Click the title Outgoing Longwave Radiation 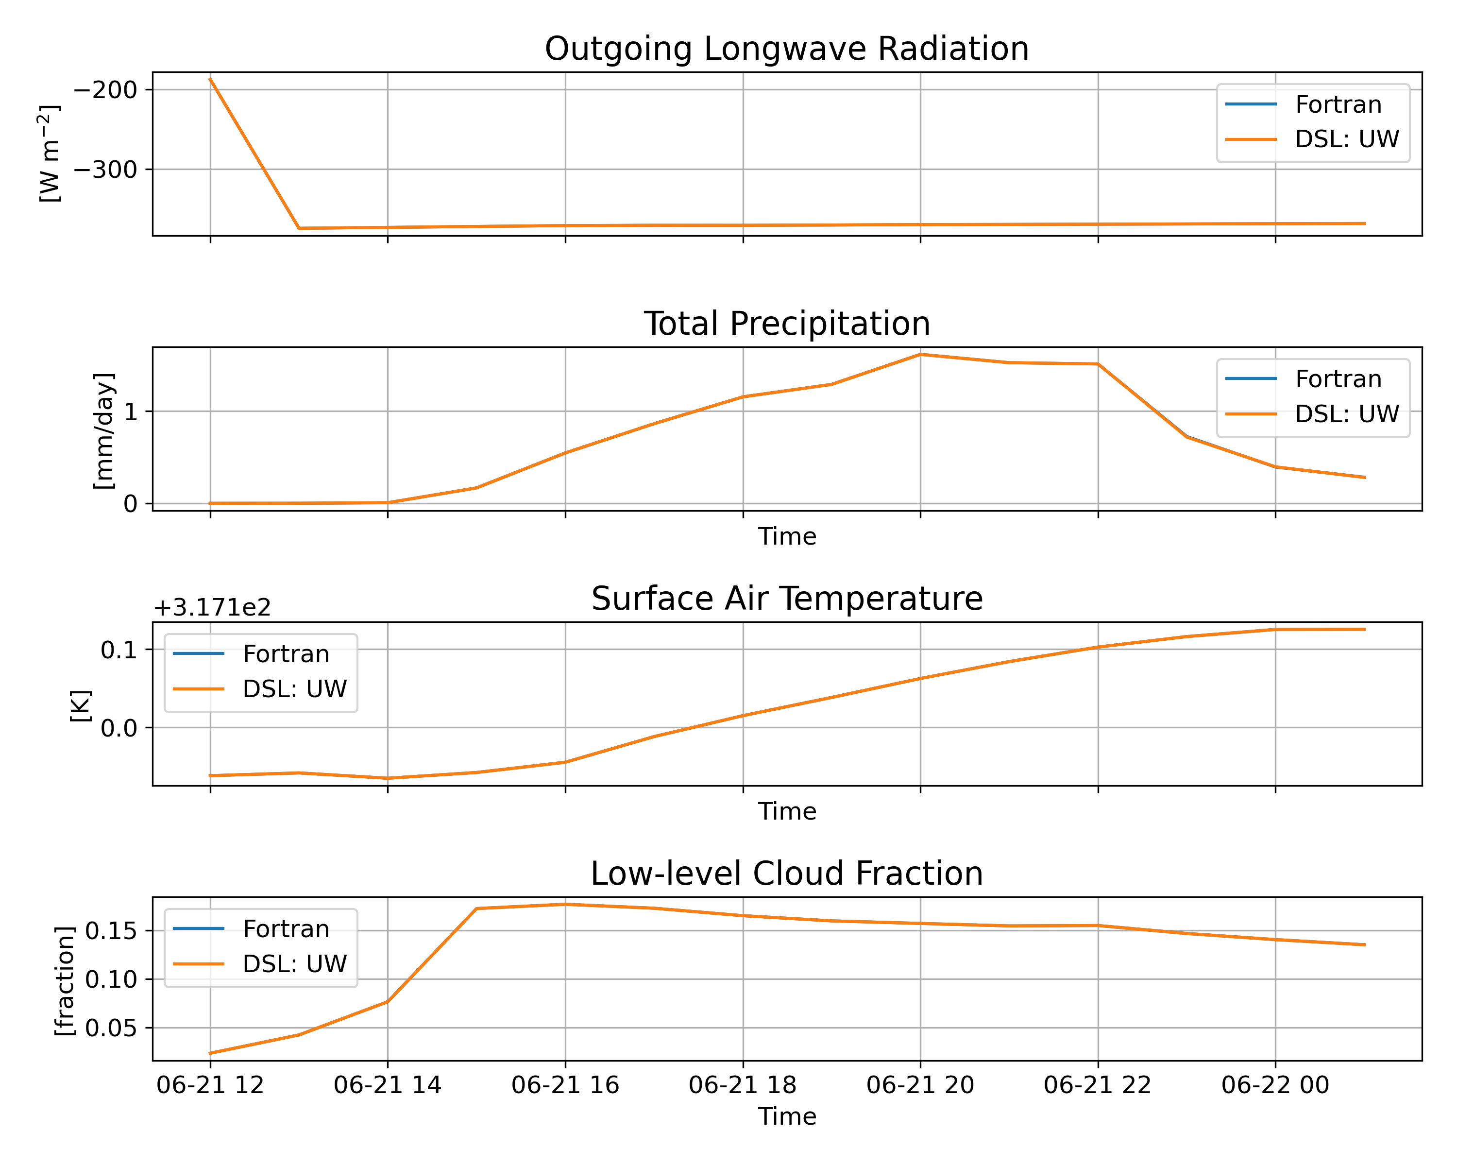(787, 50)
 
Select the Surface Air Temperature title (787, 599)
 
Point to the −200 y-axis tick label (105, 90)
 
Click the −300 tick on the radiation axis (105, 170)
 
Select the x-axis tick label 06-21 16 (565, 1085)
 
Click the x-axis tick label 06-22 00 (1275, 1085)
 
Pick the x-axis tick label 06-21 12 (210, 1085)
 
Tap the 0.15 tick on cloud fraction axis (111, 931)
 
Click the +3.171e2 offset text (212, 608)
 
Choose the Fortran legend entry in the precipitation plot (1338, 379)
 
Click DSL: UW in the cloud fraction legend (295, 964)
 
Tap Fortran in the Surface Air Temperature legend (286, 654)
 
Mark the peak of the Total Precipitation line (920, 354)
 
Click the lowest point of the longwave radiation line (299, 228)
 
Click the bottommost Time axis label (787, 1116)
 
